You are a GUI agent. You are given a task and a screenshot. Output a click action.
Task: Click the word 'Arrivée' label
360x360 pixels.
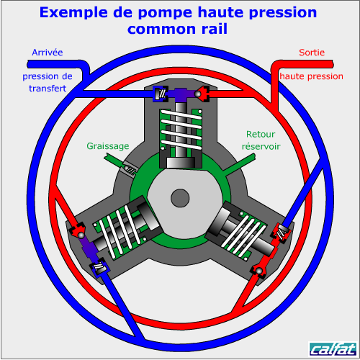click(x=48, y=53)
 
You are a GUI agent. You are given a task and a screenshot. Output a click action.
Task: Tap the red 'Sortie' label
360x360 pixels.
click(x=312, y=53)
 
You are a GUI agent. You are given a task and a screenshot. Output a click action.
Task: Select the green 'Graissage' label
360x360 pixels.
click(x=108, y=146)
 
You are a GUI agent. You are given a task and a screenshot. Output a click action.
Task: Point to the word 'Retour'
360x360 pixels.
click(x=261, y=134)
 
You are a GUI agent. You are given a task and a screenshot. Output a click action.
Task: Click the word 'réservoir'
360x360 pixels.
click(x=261, y=146)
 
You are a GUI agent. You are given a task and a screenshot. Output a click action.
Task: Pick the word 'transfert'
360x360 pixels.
click(x=48, y=89)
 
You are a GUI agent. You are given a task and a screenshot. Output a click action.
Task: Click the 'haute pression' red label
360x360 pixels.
click(x=311, y=76)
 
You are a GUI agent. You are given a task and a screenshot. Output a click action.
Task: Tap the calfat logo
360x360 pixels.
click(x=333, y=348)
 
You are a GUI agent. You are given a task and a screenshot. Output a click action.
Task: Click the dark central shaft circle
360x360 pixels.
click(x=180, y=198)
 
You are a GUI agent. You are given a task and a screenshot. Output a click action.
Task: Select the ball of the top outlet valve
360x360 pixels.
click(x=198, y=94)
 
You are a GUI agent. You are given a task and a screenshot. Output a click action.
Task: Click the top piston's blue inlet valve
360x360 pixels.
click(x=161, y=94)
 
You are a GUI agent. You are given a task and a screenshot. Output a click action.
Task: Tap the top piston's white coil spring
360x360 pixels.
click(x=181, y=130)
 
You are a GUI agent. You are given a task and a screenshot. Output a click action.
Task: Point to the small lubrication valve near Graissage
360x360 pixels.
click(x=130, y=169)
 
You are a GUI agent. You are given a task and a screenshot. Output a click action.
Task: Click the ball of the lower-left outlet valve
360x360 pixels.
click(x=81, y=235)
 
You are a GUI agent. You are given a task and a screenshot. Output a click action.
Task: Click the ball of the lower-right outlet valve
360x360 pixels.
click(x=259, y=271)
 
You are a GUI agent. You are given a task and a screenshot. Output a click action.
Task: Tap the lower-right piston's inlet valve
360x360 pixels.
click(x=281, y=233)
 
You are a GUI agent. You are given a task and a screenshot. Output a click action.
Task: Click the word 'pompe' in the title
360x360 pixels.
click(x=165, y=13)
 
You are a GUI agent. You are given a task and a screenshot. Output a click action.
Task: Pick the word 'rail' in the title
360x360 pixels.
click(x=215, y=29)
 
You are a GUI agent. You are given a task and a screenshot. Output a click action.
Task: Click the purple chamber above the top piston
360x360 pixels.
click(x=181, y=94)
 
